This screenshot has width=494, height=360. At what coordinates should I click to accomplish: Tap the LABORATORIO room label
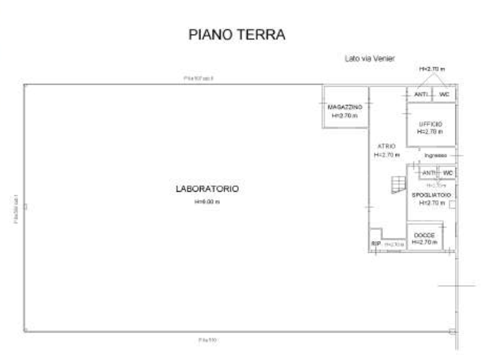(207, 189)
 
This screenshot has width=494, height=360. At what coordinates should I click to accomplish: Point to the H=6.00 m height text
(207, 202)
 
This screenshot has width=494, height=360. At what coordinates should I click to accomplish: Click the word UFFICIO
(430, 124)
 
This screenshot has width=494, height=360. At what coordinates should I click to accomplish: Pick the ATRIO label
(386, 146)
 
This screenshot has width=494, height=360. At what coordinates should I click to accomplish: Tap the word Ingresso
(436, 155)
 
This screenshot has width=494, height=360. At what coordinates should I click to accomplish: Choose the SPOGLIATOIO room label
(431, 194)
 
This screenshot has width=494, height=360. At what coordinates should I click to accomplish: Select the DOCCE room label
(424, 235)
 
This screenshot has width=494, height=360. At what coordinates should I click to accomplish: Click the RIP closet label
(376, 244)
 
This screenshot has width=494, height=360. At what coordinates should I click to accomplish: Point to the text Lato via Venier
(370, 58)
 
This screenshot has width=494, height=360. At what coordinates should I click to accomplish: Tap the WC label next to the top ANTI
(445, 95)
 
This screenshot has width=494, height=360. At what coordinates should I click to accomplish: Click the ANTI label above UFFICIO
(421, 95)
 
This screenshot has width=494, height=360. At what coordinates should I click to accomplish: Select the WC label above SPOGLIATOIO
(448, 173)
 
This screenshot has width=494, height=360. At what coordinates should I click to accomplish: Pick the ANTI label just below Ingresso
(429, 173)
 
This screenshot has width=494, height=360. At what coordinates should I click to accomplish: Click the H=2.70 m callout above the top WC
(432, 70)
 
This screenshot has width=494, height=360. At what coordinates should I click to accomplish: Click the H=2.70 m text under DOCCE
(424, 242)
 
